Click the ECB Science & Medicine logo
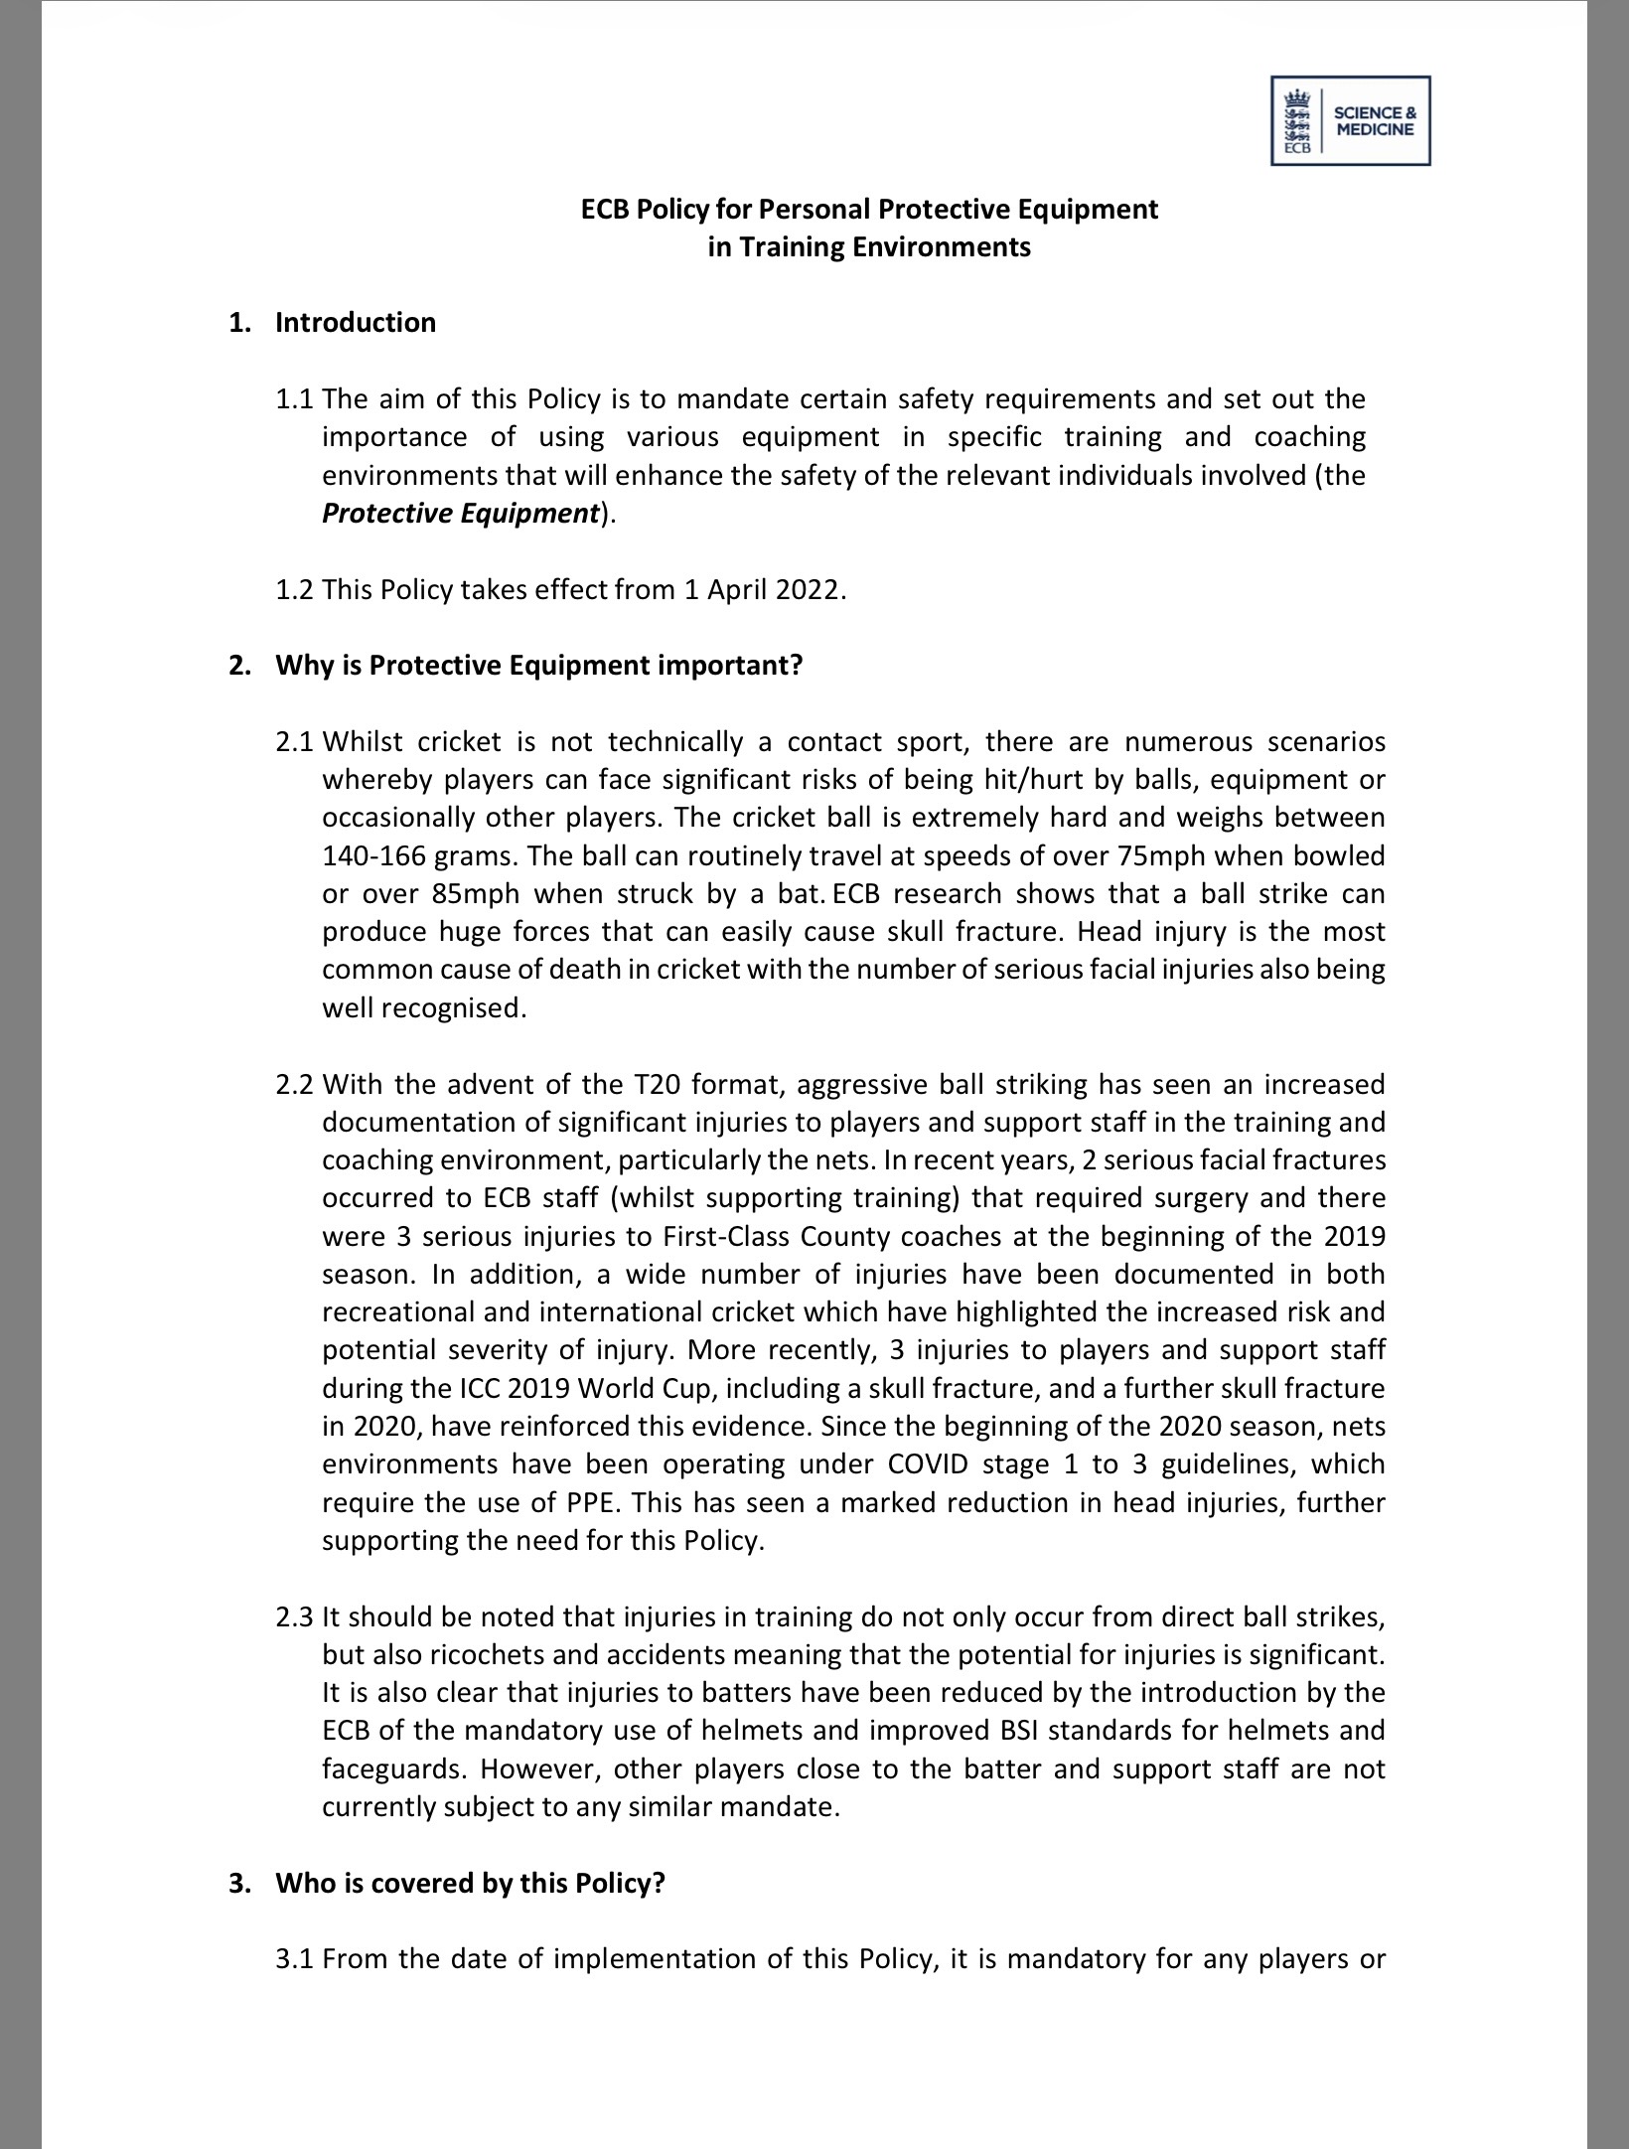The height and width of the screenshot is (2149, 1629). click(1350, 120)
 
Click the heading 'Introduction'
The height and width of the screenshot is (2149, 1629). click(355, 323)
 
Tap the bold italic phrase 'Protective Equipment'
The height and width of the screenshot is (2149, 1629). click(461, 514)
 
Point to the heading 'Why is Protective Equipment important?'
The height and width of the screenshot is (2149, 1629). click(538, 666)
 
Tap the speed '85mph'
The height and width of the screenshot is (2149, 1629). click(476, 894)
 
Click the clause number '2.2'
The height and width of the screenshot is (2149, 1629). click(295, 1084)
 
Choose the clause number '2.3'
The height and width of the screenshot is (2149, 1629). click(295, 1617)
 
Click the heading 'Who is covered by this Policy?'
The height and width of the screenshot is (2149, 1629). click(469, 1884)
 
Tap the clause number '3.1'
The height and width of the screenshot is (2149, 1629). click(295, 1960)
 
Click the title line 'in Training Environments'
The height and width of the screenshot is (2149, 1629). click(869, 247)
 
